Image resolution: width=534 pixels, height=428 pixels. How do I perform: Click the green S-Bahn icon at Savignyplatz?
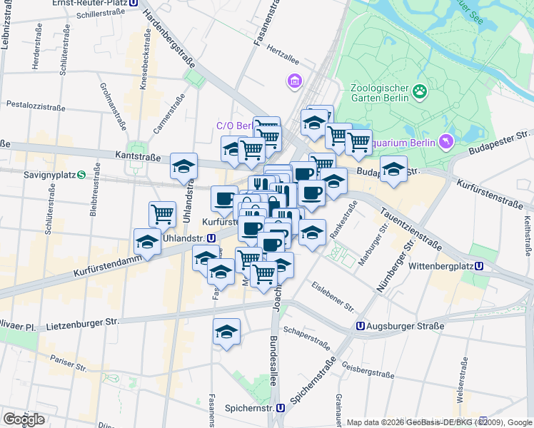click(81, 175)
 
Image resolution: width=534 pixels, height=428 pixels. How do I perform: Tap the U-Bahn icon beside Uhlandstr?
click(211, 238)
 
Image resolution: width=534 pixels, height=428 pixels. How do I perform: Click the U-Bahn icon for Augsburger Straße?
click(361, 326)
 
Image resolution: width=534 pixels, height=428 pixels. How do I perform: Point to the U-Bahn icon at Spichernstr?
click(281, 409)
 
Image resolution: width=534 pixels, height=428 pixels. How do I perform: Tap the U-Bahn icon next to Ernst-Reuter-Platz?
click(134, 3)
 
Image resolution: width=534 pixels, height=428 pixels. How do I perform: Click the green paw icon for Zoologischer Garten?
click(420, 91)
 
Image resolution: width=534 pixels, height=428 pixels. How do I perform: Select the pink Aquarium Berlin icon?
click(446, 142)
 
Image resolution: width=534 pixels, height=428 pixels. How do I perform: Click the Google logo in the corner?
click(24, 419)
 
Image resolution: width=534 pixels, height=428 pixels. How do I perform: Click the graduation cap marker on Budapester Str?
click(393, 170)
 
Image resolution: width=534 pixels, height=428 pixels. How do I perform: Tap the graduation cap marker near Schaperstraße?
click(227, 332)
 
